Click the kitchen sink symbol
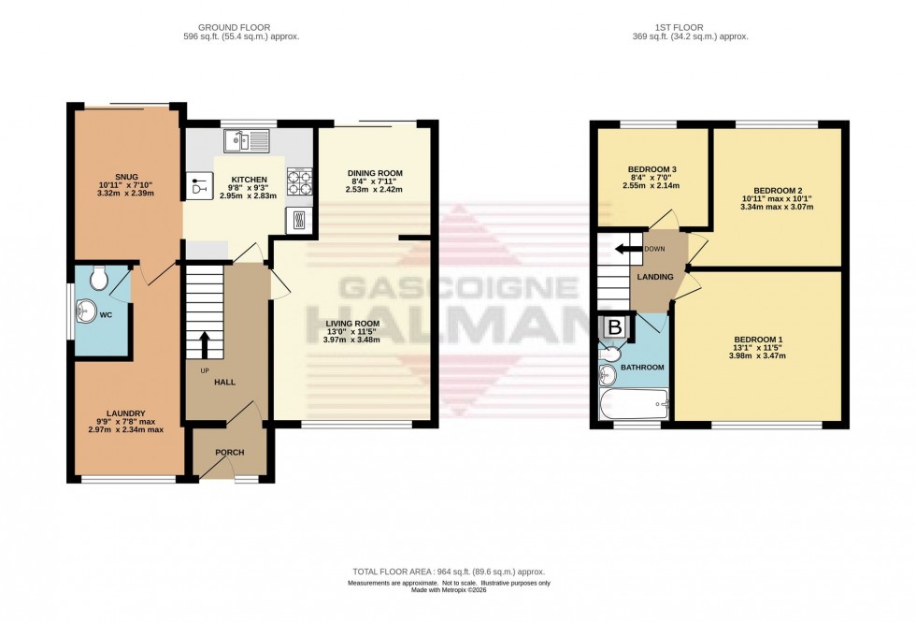pos(247,141)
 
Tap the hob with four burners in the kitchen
pos(299,181)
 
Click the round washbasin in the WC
pos(90,311)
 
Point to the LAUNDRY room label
pos(125,412)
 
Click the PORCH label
pos(229,453)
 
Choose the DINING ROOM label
pos(375,173)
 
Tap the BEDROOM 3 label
pos(651,169)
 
